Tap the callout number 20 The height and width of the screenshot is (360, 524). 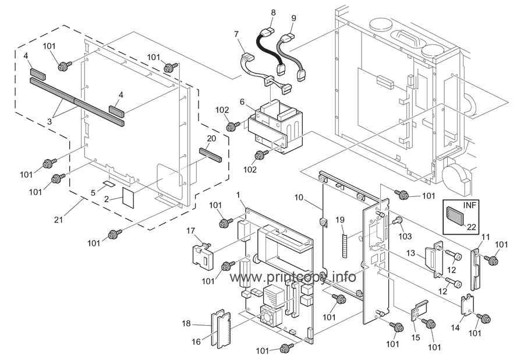[211, 138]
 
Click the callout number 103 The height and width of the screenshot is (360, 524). [406, 237]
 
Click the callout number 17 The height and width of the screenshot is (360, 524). [190, 230]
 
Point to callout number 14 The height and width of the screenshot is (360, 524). [455, 327]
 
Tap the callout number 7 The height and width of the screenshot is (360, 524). [236, 34]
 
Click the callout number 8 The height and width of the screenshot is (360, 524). [274, 13]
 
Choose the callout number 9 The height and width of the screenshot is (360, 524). [293, 18]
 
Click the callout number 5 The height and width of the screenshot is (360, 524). [93, 193]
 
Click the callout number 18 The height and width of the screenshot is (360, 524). [186, 323]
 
